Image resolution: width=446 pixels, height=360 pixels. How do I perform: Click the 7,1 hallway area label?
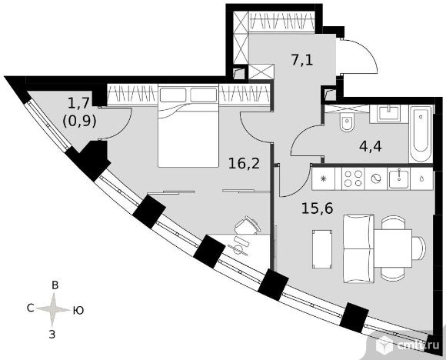coord(301,60)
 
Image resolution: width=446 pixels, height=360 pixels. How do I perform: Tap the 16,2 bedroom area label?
coord(244,164)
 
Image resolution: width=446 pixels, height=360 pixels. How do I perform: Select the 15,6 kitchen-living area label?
coord(317,208)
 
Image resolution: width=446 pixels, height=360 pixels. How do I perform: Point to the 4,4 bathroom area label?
coord(370,147)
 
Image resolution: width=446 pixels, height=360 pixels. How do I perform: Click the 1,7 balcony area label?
coord(78,102)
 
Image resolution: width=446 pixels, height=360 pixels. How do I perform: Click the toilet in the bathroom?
coord(347,122)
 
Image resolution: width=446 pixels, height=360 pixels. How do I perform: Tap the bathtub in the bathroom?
coord(421,134)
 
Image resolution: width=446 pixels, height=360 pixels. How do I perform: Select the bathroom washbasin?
coord(389,113)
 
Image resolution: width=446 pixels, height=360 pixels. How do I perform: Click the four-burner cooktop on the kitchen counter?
coord(353,178)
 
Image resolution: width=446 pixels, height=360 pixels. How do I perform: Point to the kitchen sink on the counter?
coord(399,178)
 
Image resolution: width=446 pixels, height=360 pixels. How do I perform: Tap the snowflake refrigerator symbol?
coord(323,178)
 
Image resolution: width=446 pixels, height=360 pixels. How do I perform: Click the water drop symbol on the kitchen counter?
coord(422,178)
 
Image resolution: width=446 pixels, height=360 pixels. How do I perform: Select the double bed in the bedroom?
coord(188,125)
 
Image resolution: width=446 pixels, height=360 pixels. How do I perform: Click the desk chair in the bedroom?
coord(248,225)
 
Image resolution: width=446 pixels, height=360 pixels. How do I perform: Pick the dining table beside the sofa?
coord(393,248)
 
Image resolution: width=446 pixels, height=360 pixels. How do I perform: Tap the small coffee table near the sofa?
coord(322,249)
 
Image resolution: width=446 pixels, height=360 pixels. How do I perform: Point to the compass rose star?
coord(53,309)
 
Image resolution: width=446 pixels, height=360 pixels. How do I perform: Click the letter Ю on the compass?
coord(78,310)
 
